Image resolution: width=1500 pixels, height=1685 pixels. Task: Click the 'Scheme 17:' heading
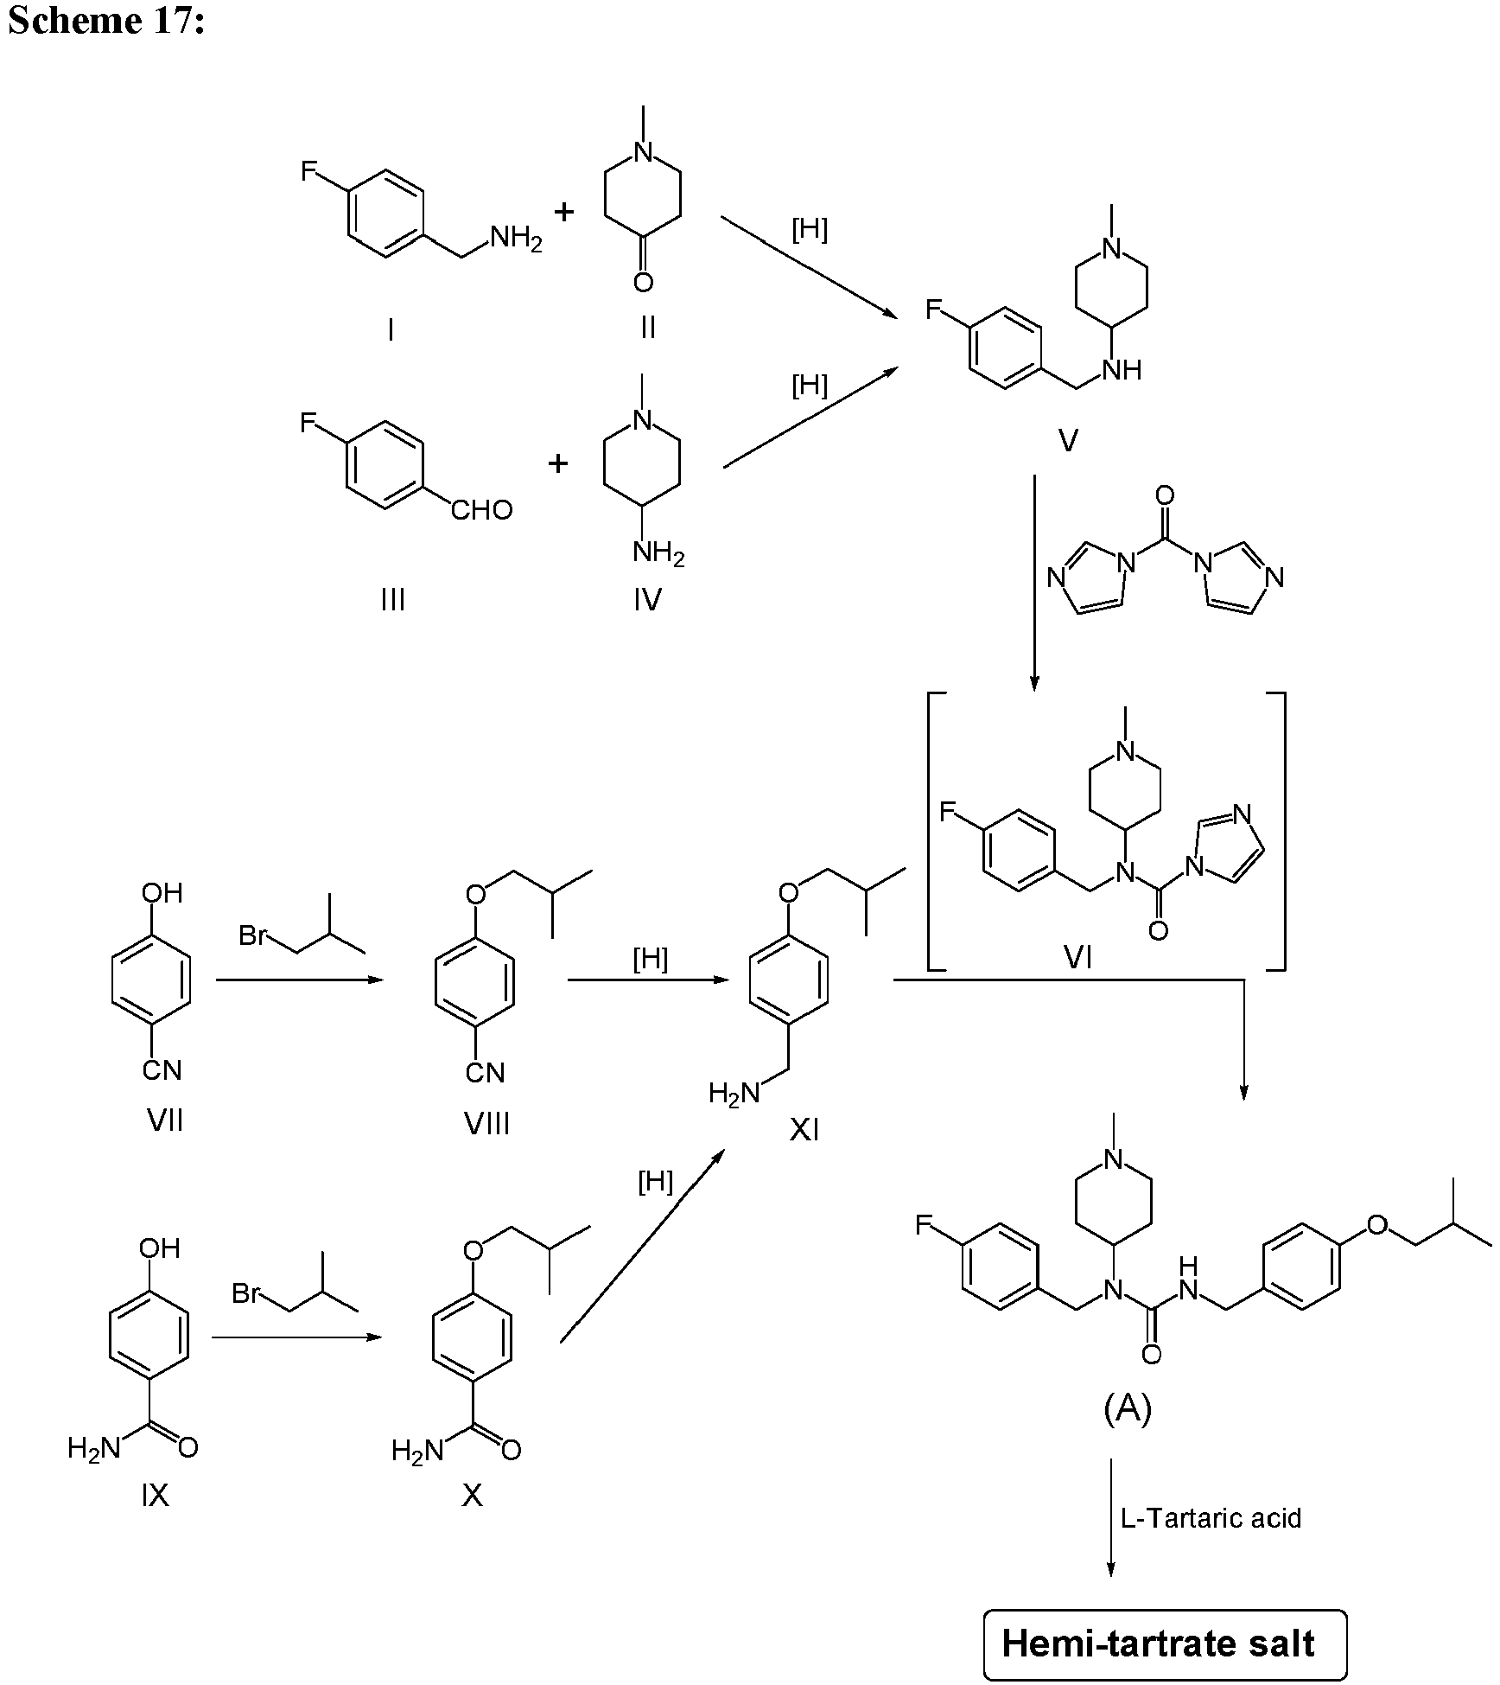[x=106, y=20]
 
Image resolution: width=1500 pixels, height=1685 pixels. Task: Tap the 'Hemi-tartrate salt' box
[x=1165, y=1644]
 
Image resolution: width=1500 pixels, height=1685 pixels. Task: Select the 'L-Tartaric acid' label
[x=1211, y=1518]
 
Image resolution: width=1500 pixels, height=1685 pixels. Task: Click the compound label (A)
[x=1128, y=1409]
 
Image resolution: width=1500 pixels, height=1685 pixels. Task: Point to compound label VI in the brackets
[x=1077, y=957]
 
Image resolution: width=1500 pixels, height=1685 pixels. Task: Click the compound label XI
[x=804, y=1130]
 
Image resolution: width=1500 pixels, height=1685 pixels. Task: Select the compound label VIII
[x=486, y=1124]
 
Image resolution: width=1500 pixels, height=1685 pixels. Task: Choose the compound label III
[x=392, y=598]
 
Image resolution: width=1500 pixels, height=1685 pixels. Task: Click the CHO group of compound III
[x=482, y=510]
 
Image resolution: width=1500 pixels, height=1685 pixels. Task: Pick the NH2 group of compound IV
[x=658, y=552]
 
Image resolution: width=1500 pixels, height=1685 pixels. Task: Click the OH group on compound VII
[x=162, y=892]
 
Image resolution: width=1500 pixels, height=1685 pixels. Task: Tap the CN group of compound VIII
[x=485, y=1073]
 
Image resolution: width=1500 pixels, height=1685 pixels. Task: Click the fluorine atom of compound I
[x=309, y=171]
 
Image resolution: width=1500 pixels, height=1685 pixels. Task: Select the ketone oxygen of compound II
[x=642, y=282]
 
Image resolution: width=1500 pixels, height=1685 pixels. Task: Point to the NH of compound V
[x=1122, y=370]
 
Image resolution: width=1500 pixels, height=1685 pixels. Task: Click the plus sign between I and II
[x=564, y=211]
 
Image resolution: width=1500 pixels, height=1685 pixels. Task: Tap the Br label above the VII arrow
[x=251, y=935]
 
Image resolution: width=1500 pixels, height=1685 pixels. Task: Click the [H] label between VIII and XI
[x=651, y=959]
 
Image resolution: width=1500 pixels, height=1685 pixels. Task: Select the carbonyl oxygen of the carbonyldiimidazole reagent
[x=1164, y=495]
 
